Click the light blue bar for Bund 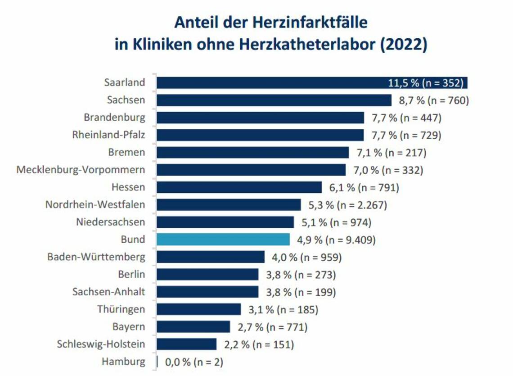coord(223,240)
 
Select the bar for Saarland coord(270,83)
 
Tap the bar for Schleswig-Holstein coord(186,344)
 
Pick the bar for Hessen coord(239,187)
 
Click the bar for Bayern coord(193,327)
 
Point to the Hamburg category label coord(123,362)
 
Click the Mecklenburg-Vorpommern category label coord(81,170)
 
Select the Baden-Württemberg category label coord(96,257)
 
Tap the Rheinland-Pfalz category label coord(108,135)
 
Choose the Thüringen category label coord(121,309)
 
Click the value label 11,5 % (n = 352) coord(425,83)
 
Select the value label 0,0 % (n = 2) coord(194,362)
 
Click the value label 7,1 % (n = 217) coord(391,152)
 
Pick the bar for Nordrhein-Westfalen coord(229,205)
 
